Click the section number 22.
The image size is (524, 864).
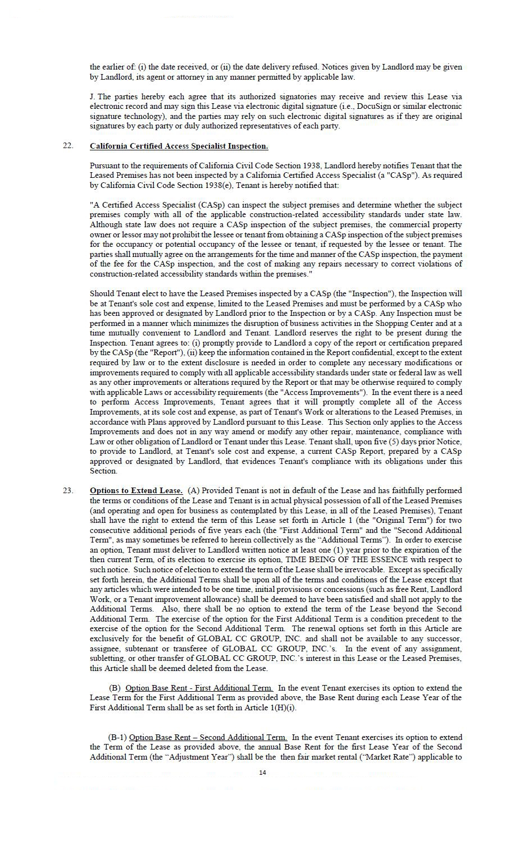(68, 146)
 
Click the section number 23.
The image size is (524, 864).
(68, 490)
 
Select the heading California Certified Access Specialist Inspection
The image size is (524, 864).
(179, 146)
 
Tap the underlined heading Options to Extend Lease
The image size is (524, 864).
(136, 490)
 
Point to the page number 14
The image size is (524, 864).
(262, 773)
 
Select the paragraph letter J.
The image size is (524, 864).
(93, 96)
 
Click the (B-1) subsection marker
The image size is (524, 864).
(118, 737)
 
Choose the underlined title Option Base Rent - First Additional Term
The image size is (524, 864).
(199, 688)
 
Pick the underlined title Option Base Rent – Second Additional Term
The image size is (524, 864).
(208, 737)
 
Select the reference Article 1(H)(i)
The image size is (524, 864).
(269, 707)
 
